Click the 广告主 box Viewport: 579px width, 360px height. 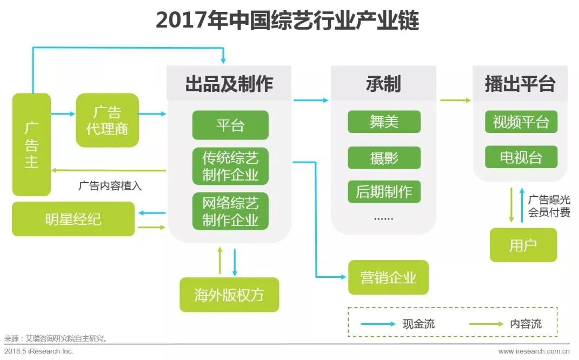(31, 144)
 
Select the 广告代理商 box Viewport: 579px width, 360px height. (107, 120)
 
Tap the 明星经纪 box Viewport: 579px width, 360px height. (73, 219)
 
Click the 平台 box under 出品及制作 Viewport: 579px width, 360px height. (230, 125)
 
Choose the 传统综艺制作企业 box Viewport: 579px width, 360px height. (230, 166)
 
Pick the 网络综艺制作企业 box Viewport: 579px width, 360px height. (230, 211)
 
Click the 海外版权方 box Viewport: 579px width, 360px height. (229, 295)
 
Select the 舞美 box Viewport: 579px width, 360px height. (384, 122)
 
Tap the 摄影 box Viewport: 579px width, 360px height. (384, 158)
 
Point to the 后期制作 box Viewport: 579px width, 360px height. (384, 192)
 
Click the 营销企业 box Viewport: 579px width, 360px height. (389, 277)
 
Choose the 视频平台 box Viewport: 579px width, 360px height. (521, 122)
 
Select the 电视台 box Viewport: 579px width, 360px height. (521, 157)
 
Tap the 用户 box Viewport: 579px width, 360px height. (523, 245)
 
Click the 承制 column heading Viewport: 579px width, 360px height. (383, 84)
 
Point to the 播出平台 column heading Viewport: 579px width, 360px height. (520, 84)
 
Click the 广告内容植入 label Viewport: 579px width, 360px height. (110, 185)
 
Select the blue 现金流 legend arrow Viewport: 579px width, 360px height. (378, 324)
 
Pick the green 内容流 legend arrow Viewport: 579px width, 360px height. (487, 324)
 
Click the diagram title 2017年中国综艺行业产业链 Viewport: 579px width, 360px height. (287, 20)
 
